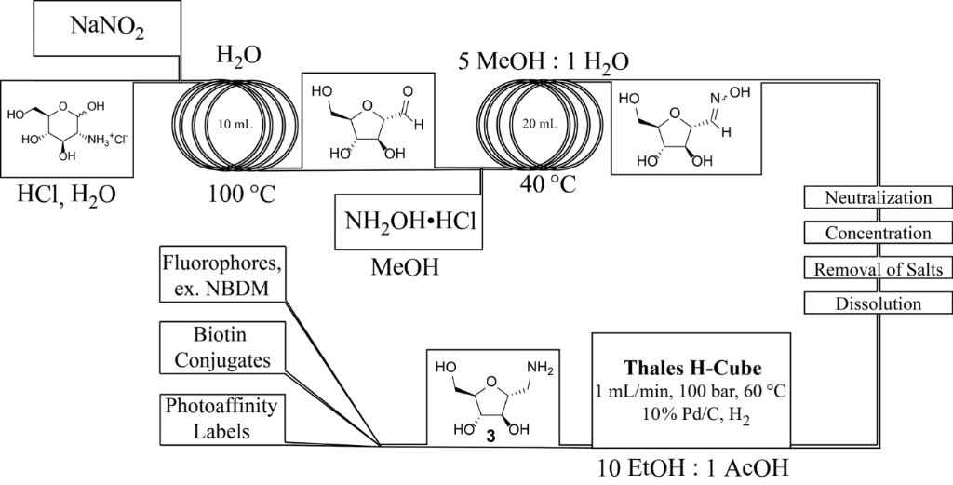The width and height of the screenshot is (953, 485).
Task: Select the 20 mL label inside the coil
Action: pos(540,124)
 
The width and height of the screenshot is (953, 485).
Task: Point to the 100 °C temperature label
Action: pos(241,195)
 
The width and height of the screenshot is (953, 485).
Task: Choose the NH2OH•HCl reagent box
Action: pos(408,224)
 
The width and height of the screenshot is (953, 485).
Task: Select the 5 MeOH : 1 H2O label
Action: pos(544,61)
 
